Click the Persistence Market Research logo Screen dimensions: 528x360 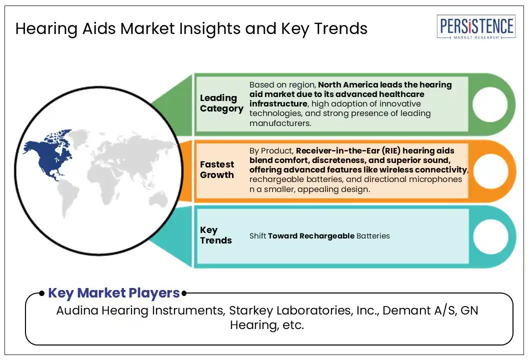(x=476, y=27)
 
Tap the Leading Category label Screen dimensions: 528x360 (x=221, y=103)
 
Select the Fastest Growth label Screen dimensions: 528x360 (x=217, y=169)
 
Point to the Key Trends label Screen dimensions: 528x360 (x=216, y=235)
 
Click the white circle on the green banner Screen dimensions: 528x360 (x=490, y=104)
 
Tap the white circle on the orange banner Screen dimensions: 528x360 (x=490, y=170)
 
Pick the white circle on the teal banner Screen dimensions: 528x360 (x=490, y=236)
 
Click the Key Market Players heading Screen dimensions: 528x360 (x=114, y=293)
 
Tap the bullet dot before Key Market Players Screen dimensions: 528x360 (x=42, y=293)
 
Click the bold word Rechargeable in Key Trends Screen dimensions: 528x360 (x=326, y=236)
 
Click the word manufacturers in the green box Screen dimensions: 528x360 (x=280, y=123)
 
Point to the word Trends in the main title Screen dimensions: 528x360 (x=341, y=28)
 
